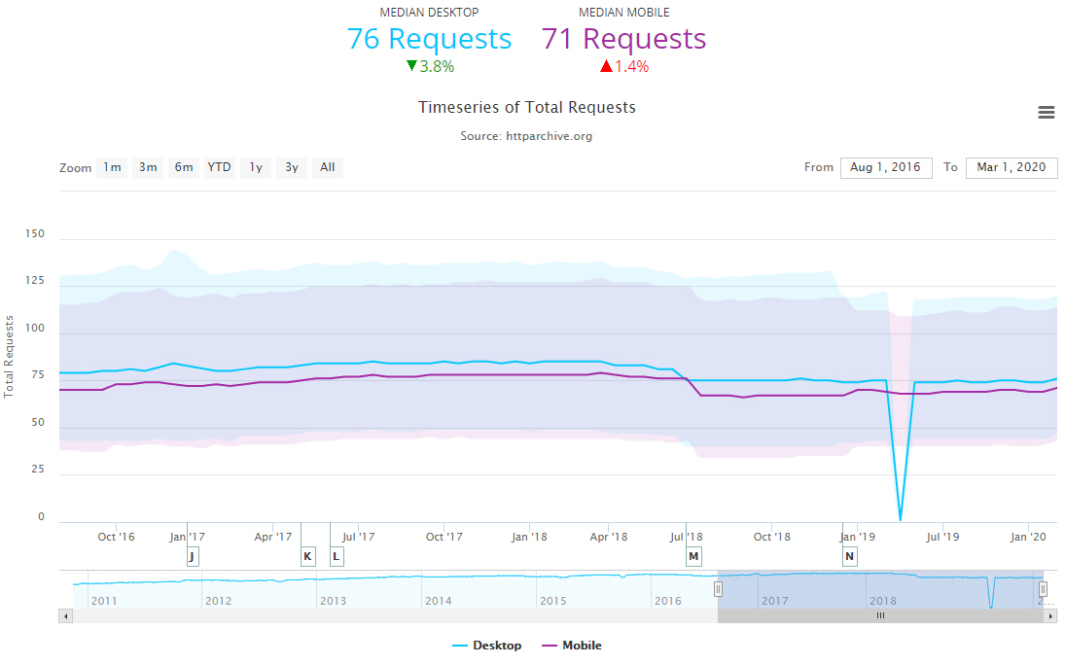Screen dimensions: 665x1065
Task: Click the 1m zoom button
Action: [x=113, y=167]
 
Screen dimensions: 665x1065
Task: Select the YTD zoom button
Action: [x=220, y=167]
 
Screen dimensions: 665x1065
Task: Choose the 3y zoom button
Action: [x=292, y=167]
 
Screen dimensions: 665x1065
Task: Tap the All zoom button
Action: [x=328, y=167]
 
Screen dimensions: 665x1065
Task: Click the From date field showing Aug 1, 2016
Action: [x=885, y=167]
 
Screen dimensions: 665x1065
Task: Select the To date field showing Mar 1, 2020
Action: [x=1012, y=167]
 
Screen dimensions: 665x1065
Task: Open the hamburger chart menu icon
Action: [x=1047, y=113]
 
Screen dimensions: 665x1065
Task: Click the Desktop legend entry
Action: [x=487, y=646]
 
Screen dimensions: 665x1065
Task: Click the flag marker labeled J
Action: [x=192, y=556]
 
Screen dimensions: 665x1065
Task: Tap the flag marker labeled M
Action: [x=693, y=556]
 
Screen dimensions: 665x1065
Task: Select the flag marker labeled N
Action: [x=849, y=556]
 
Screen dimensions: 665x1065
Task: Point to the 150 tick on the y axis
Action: [x=35, y=233]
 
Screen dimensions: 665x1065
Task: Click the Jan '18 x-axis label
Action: [x=529, y=537]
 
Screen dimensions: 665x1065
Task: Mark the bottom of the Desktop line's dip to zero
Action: [x=901, y=520]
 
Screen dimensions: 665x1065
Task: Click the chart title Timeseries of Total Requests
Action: [x=526, y=107]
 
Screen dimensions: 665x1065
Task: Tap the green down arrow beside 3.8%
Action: [x=411, y=66]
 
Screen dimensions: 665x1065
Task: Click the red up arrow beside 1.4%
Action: [x=606, y=66]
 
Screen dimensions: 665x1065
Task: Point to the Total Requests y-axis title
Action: [x=10, y=356]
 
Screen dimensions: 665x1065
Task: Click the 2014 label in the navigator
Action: [x=439, y=601]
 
